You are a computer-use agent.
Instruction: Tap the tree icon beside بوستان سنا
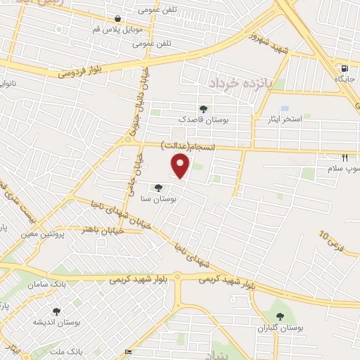point(159,188)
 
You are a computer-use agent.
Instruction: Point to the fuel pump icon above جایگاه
point(344,68)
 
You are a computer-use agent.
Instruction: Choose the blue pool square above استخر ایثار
point(285,108)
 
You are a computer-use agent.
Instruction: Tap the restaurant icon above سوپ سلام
point(344,158)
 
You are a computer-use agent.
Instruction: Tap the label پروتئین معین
point(53,234)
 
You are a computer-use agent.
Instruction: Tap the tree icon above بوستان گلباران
point(281,318)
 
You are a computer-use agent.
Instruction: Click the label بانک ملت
point(89,350)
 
